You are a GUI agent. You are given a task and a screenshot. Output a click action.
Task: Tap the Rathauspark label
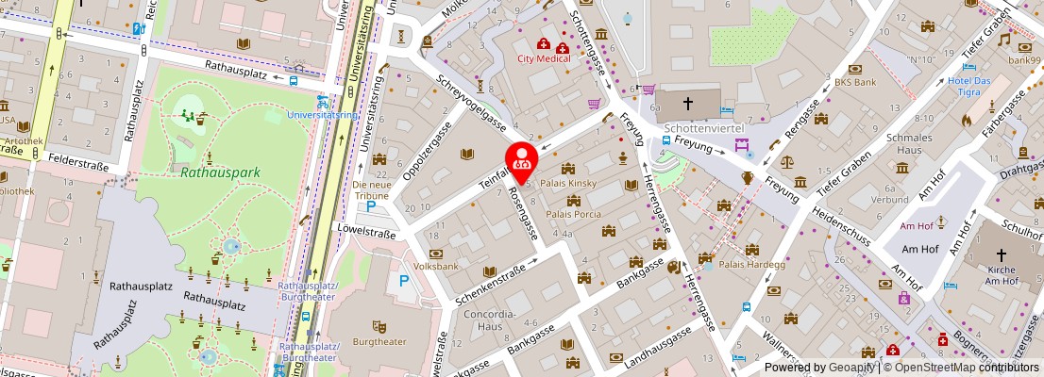(x=220, y=172)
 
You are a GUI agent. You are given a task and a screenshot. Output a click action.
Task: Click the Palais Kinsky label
(x=567, y=183)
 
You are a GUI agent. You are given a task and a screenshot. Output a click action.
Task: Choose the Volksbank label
(x=436, y=267)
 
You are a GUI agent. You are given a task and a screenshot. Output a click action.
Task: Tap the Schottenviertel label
(x=704, y=127)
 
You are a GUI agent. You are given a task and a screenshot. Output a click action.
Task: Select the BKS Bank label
(x=855, y=82)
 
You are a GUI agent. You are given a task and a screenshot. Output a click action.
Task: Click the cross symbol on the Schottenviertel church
(x=688, y=104)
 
